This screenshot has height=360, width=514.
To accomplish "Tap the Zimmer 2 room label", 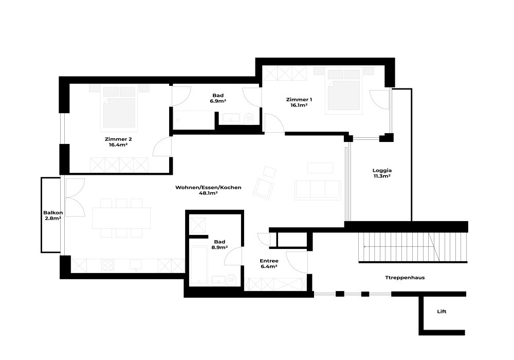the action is coord(118,139).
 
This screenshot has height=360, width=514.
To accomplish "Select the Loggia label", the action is coord(382,171).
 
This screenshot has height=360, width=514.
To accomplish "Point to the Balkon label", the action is coord(53,213).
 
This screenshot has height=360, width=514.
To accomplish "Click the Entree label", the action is coord(269,261).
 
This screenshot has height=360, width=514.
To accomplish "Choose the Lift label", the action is coord(442,312).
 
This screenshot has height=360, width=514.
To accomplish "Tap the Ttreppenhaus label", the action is coord(405,278).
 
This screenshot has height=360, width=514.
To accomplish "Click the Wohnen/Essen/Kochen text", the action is coord(208,188).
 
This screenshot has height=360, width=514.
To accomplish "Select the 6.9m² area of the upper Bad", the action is coord(218,101).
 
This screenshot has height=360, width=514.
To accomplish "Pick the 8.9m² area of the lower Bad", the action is coord(219,247).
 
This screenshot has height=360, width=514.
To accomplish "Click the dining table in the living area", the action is coord(121,218).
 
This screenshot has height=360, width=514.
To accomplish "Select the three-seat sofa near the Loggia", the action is coord(318,190).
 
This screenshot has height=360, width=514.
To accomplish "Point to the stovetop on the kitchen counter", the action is coord(107,265).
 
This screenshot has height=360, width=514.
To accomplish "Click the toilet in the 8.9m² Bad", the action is coord(231,280).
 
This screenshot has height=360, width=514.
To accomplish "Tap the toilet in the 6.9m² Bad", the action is coord(249,118).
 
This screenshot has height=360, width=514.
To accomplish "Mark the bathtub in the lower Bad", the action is coord(198,265).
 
